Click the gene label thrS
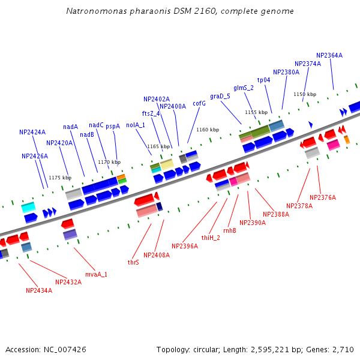click(133, 262)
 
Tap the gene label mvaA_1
click(96, 274)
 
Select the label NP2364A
click(329, 55)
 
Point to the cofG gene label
click(199, 103)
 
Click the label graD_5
click(220, 96)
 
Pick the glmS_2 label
click(244, 88)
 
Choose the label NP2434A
click(39, 290)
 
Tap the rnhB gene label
click(230, 230)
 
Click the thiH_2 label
click(211, 238)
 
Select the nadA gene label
click(71, 127)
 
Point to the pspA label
click(113, 126)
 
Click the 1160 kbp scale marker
click(208, 130)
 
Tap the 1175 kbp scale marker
click(60, 178)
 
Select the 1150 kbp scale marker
click(305, 94)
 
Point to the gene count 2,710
click(342, 349)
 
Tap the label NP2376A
click(323, 197)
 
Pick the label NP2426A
click(35, 156)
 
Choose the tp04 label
click(263, 80)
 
